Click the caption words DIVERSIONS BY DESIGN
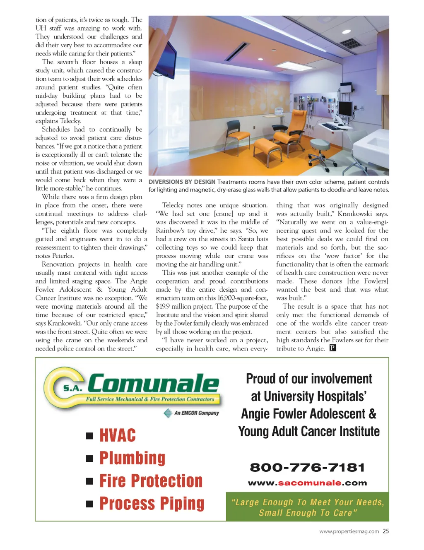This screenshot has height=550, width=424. pyautogui.click(x=182, y=182)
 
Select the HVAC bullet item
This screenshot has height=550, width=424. pyautogui.click(x=118, y=435)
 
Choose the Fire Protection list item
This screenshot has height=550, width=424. pyautogui.click(x=151, y=481)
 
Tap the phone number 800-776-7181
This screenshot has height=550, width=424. pyautogui.click(x=307, y=468)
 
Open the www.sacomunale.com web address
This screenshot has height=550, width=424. pyautogui.click(x=307, y=483)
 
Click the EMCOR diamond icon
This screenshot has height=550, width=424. pyautogui.click(x=168, y=413)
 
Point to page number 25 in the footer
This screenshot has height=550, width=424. pyautogui.click(x=385, y=531)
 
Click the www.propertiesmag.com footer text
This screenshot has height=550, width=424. pyautogui.click(x=349, y=531)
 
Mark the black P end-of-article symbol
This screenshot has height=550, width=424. pyautogui.click(x=332, y=348)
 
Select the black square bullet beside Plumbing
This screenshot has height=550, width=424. pyautogui.click(x=89, y=458)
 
